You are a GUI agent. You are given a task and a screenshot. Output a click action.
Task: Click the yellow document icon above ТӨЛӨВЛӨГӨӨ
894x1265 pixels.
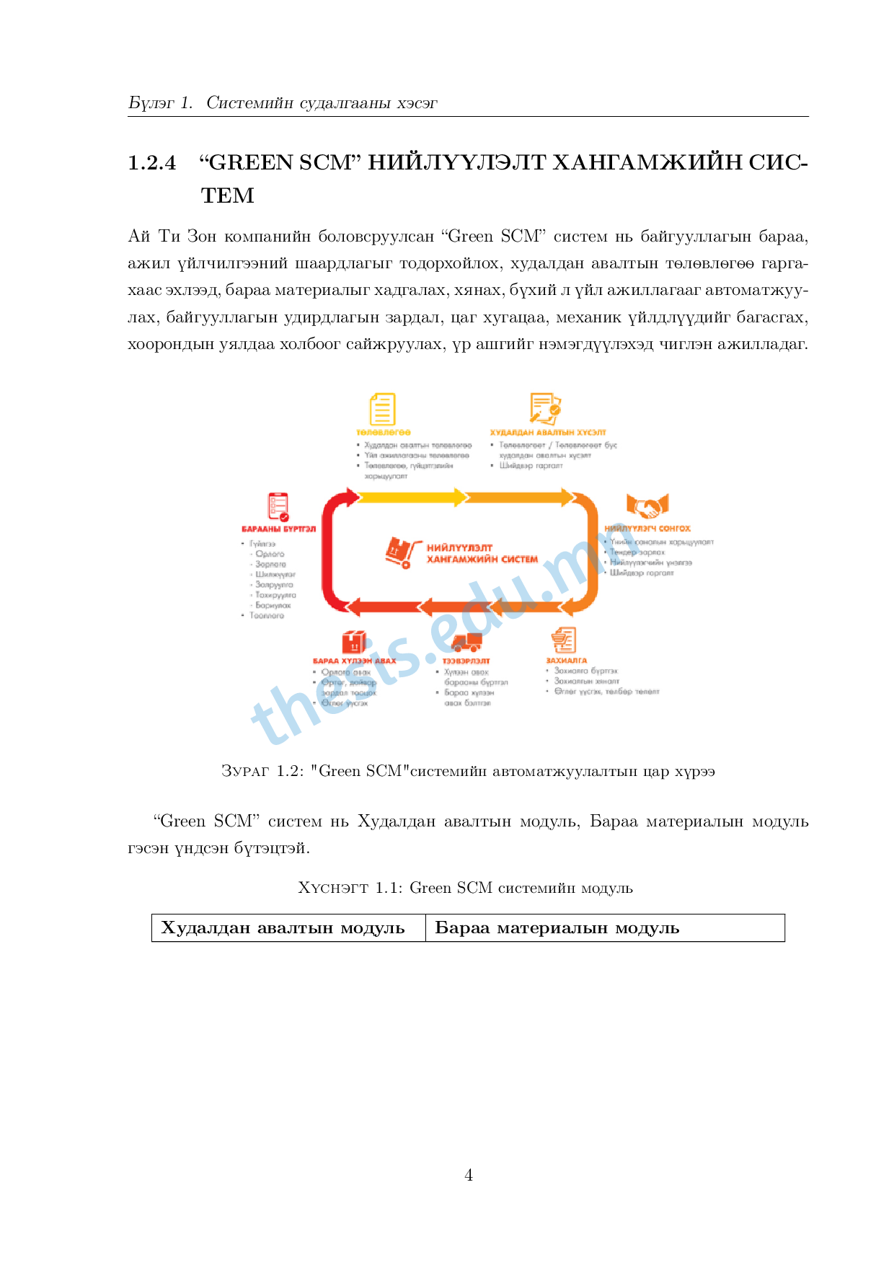click(x=382, y=409)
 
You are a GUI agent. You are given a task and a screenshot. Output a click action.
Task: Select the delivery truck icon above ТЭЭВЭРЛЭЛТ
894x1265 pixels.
click(x=466, y=640)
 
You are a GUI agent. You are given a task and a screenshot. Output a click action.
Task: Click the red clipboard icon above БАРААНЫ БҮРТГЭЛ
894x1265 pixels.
click(x=278, y=507)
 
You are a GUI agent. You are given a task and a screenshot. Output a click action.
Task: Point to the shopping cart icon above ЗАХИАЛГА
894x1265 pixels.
click(x=564, y=640)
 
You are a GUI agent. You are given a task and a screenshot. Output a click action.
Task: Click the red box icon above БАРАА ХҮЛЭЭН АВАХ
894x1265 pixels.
click(x=353, y=642)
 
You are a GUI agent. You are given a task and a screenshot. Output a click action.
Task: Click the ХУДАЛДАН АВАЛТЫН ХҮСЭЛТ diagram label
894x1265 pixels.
click(x=548, y=433)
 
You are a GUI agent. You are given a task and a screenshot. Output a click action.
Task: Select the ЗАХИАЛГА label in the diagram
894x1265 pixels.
click(x=566, y=661)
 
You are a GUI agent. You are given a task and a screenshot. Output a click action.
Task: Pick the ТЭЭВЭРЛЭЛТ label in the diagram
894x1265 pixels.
click(x=466, y=661)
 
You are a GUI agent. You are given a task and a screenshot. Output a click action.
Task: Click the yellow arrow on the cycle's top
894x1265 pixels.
click(x=411, y=497)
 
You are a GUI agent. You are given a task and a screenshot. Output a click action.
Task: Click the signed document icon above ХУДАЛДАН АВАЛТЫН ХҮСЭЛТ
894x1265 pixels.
click(x=545, y=408)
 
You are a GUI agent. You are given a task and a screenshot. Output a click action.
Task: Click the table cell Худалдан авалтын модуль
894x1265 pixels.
click(x=283, y=928)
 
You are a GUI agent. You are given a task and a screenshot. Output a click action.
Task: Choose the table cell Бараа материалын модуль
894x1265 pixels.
click(x=557, y=928)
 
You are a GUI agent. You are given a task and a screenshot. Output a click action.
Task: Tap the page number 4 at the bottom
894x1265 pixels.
click(x=469, y=1176)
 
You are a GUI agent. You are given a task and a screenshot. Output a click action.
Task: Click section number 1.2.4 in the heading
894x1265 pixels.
click(x=152, y=163)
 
